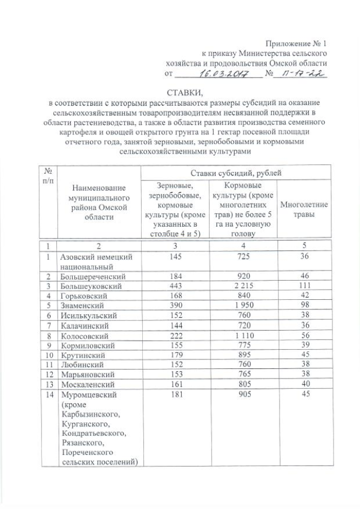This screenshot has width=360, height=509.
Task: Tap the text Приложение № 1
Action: point(297,44)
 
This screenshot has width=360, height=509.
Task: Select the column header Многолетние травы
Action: point(304,210)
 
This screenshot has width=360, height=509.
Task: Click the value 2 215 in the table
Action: point(243,286)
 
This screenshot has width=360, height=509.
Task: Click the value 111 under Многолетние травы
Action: point(304,286)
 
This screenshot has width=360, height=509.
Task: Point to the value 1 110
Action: point(243,334)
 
